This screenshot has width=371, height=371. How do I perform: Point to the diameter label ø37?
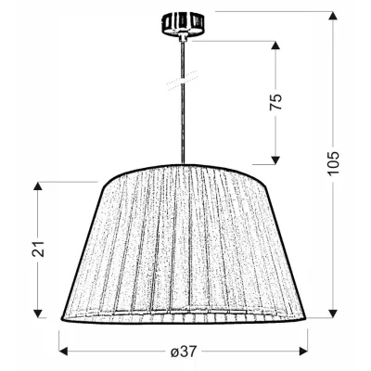click(182, 353)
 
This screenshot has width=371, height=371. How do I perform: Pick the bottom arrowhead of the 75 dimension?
click(275, 158)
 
